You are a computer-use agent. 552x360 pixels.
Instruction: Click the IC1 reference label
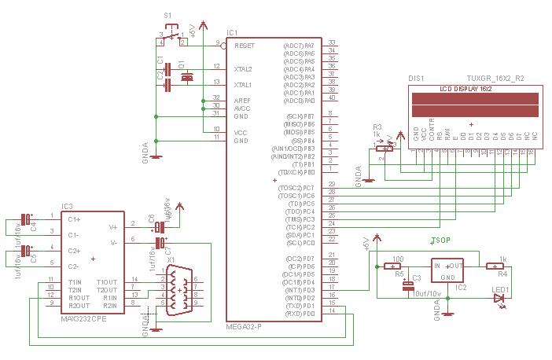click(x=232, y=33)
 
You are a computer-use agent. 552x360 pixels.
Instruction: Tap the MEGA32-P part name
click(x=243, y=325)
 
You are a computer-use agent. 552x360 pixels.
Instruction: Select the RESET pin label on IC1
click(x=244, y=46)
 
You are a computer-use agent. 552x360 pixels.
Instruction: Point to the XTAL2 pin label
click(x=243, y=69)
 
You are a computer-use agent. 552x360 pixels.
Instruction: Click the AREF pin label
click(x=241, y=101)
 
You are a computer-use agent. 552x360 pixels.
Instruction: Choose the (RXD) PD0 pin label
click(x=300, y=314)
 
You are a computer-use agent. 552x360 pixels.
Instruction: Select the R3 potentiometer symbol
click(x=385, y=148)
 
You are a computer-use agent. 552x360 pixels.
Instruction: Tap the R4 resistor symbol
click(x=495, y=266)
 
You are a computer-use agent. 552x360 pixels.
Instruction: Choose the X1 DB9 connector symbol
click(x=176, y=289)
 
